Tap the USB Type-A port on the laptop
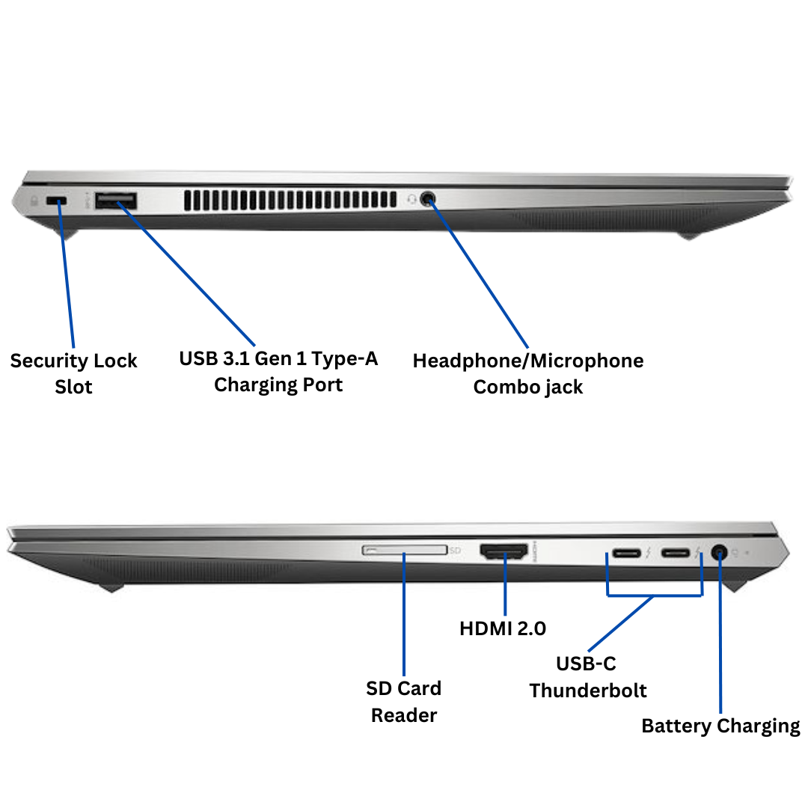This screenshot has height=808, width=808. pos(116,200)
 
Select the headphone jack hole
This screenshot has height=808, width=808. pos(428,199)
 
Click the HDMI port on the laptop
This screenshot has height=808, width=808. pos(504,554)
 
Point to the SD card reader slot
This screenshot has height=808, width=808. pos(404,551)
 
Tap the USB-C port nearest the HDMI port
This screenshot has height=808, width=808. pos(625,554)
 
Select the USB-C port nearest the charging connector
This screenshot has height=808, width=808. pos(675,554)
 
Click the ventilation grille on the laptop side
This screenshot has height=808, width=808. pos(290,200)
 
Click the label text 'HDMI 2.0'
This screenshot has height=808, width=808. pos(503,629)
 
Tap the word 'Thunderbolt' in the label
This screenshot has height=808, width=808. pos(588,690)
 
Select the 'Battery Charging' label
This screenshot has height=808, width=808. pos(720,726)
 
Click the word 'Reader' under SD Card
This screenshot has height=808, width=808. pos(404,715)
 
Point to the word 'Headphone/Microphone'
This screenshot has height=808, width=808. pos(527,361)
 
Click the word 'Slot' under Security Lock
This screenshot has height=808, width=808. pos(73,388)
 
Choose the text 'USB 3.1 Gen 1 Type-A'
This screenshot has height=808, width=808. pos(278,358)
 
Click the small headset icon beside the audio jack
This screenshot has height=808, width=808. pos(411,199)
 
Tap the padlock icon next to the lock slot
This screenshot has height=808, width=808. pos(34,201)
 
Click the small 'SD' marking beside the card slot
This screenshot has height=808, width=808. pos(455,551)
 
